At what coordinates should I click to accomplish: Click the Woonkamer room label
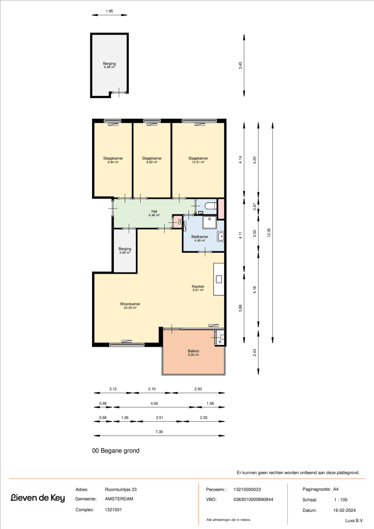click(x=130, y=304)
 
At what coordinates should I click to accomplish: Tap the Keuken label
click(x=198, y=287)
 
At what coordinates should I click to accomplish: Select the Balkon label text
click(x=193, y=351)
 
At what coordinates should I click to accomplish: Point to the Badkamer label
click(x=200, y=237)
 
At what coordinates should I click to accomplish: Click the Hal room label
click(x=154, y=212)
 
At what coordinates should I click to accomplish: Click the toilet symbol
click(x=210, y=206)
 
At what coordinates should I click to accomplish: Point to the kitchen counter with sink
click(x=219, y=279)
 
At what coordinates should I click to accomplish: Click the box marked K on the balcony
click(x=220, y=342)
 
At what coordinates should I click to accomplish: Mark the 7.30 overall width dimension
click(x=159, y=432)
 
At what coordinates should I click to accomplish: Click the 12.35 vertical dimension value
click(x=269, y=233)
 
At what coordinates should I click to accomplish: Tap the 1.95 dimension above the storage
click(x=109, y=11)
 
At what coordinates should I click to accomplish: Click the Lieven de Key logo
click(x=38, y=498)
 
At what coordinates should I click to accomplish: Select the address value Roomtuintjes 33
click(x=121, y=490)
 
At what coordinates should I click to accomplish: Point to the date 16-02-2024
click(x=344, y=510)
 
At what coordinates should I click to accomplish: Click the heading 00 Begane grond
click(x=116, y=451)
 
